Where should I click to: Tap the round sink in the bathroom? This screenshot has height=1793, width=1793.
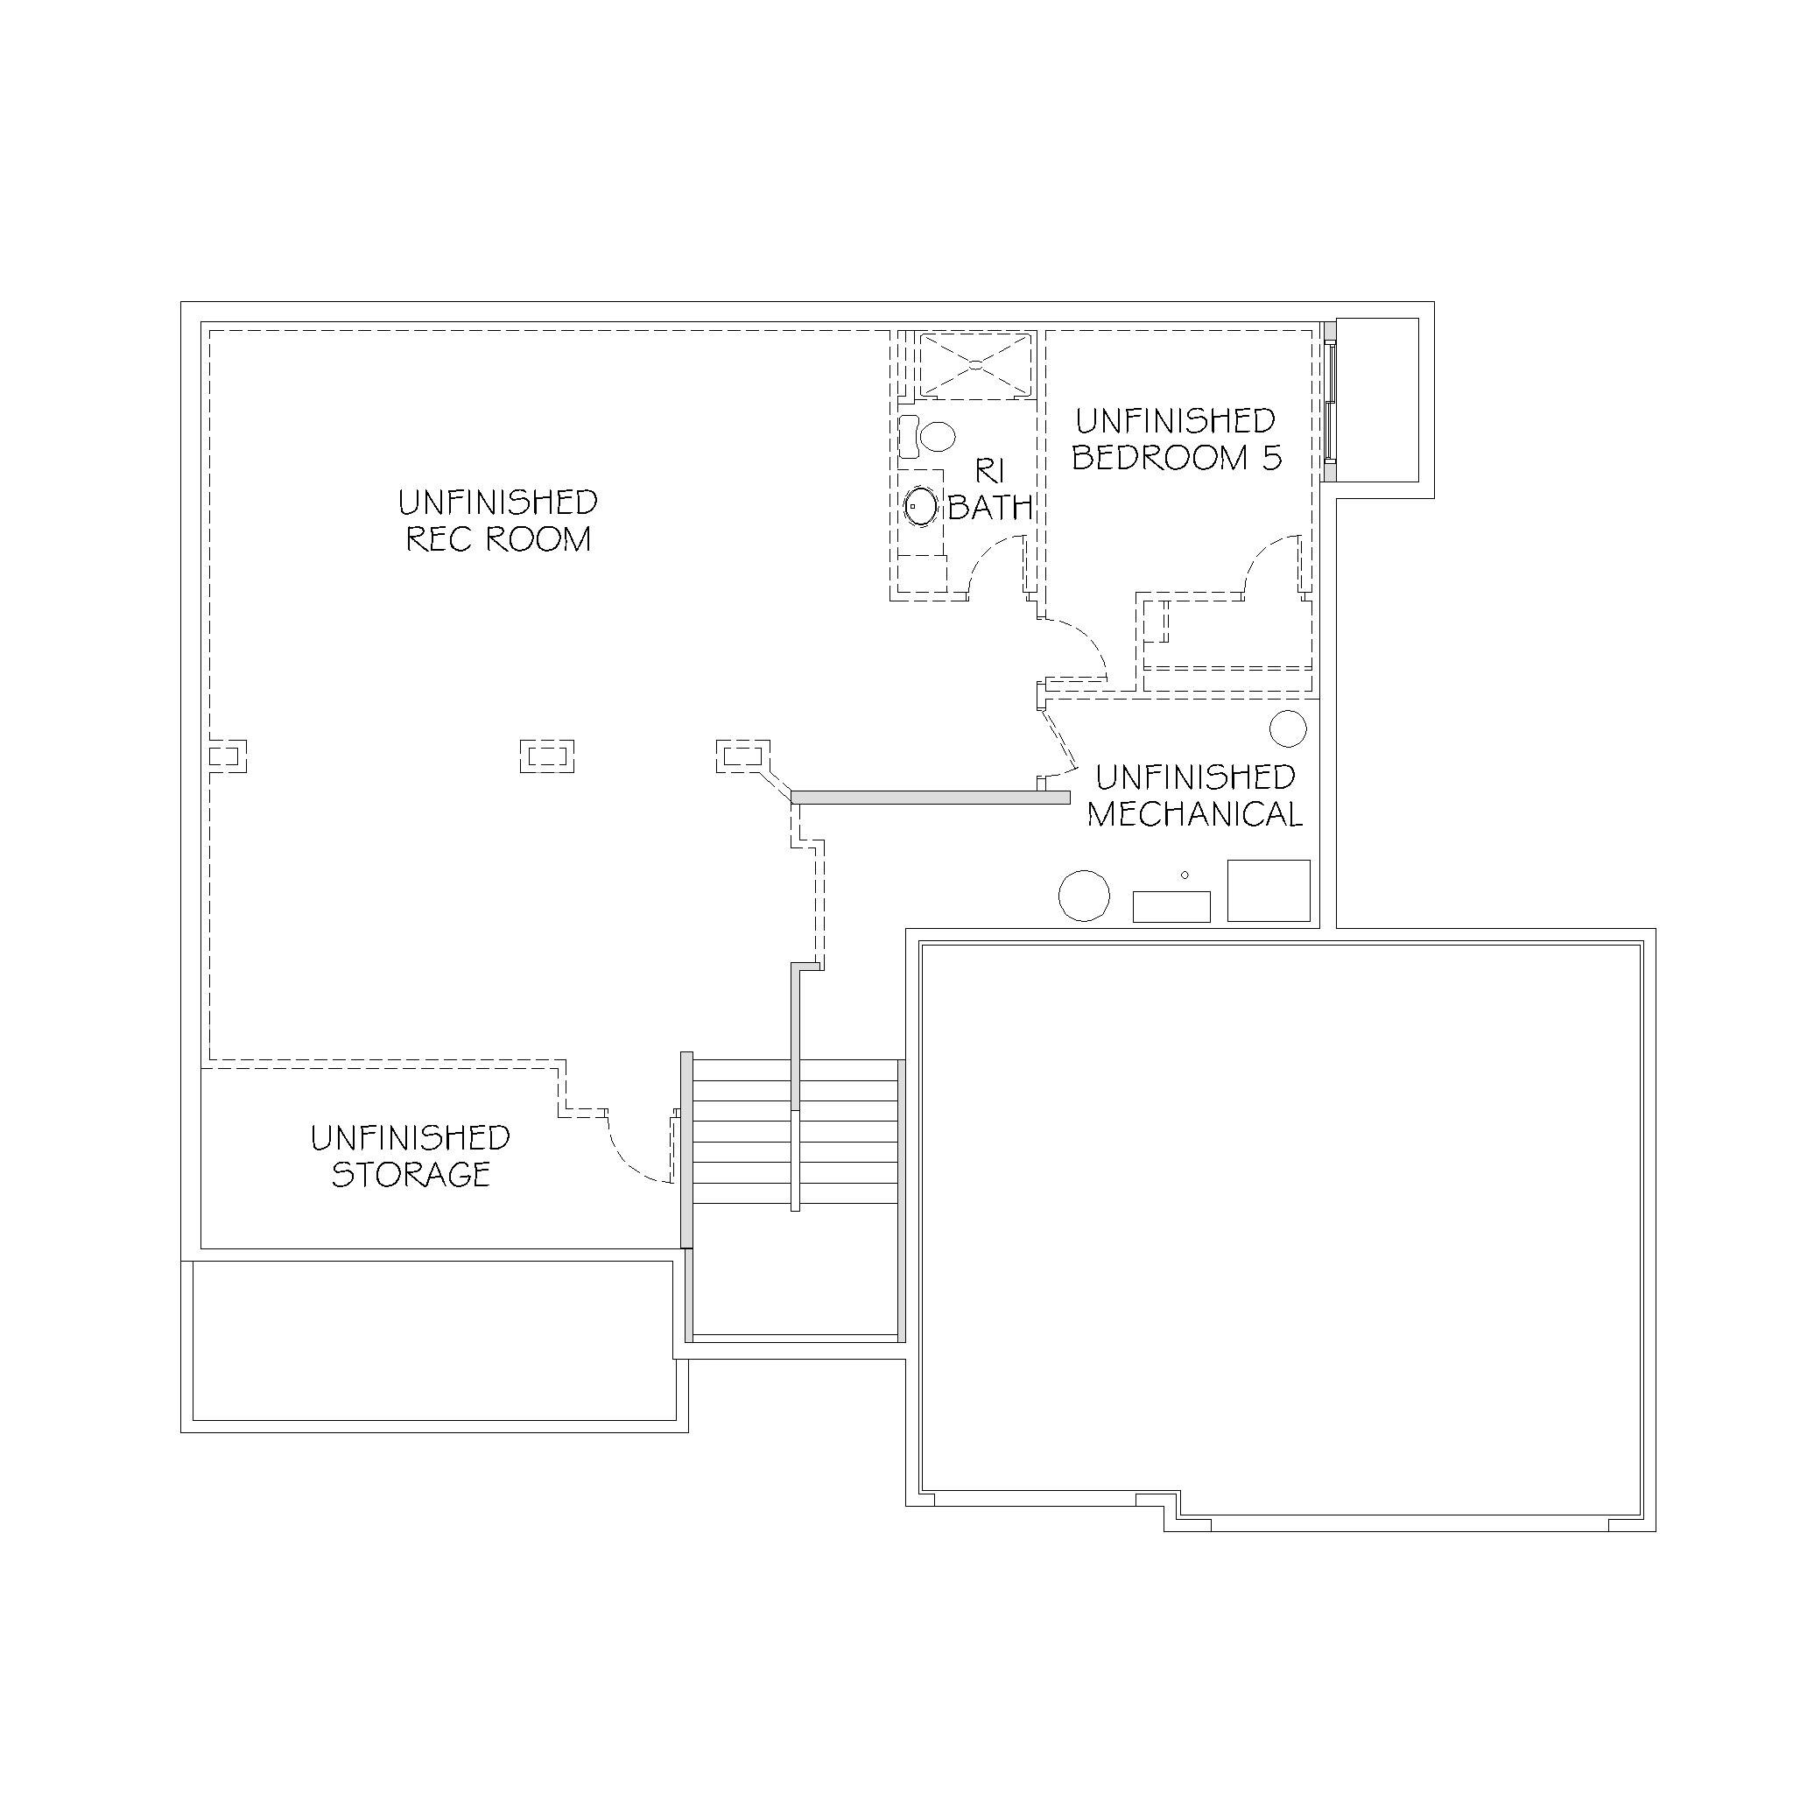click(921, 507)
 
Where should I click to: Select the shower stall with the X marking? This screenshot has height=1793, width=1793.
click(974, 366)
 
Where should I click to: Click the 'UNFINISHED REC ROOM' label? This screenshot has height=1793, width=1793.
click(498, 521)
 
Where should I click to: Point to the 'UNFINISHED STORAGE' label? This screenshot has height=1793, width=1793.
click(411, 1157)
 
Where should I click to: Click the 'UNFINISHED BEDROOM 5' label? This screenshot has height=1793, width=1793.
click(1177, 439)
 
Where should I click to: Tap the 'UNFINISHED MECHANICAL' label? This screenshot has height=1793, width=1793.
click(1195, 795)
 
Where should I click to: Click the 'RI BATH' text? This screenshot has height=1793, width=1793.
click(990, 489)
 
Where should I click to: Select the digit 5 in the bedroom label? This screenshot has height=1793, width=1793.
click(1271, 458)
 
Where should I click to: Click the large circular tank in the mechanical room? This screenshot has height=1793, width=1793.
click(1084, 896)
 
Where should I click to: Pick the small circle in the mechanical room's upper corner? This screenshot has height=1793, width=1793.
click(1288, 728)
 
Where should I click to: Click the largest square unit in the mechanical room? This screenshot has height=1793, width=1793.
click(1269, 890)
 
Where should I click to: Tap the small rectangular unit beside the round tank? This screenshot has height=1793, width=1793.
click(1171, 907)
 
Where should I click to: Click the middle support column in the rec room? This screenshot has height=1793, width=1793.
click(546, 756)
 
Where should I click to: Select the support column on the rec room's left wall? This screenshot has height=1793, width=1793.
click(227, 756)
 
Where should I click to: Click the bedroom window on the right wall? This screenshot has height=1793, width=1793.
click(1331, 401)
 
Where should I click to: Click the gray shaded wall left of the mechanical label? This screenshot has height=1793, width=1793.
click(930, 798)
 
